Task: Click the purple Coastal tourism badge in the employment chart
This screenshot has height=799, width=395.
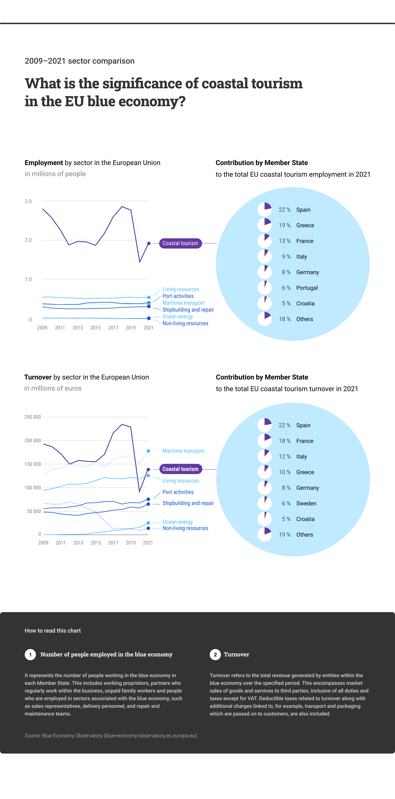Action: pos(180,243)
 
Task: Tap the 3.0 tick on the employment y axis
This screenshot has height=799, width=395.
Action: pos(28,201)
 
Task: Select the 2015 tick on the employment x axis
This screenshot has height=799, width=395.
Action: pos(95,328)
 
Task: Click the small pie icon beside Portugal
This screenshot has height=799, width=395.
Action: pos(264,288)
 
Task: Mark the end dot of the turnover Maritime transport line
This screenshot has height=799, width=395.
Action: pos(148,451)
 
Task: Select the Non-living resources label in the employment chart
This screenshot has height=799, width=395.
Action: pos(185,324)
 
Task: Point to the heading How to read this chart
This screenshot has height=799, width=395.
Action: pos(53,631)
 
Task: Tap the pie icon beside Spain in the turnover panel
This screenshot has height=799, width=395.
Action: pos(264,425)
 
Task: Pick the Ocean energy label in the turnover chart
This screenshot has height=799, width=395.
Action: pos(177,522)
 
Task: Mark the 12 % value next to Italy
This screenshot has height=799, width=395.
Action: pos(285,457)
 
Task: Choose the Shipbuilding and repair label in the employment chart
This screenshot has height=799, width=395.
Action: pos(188,310)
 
